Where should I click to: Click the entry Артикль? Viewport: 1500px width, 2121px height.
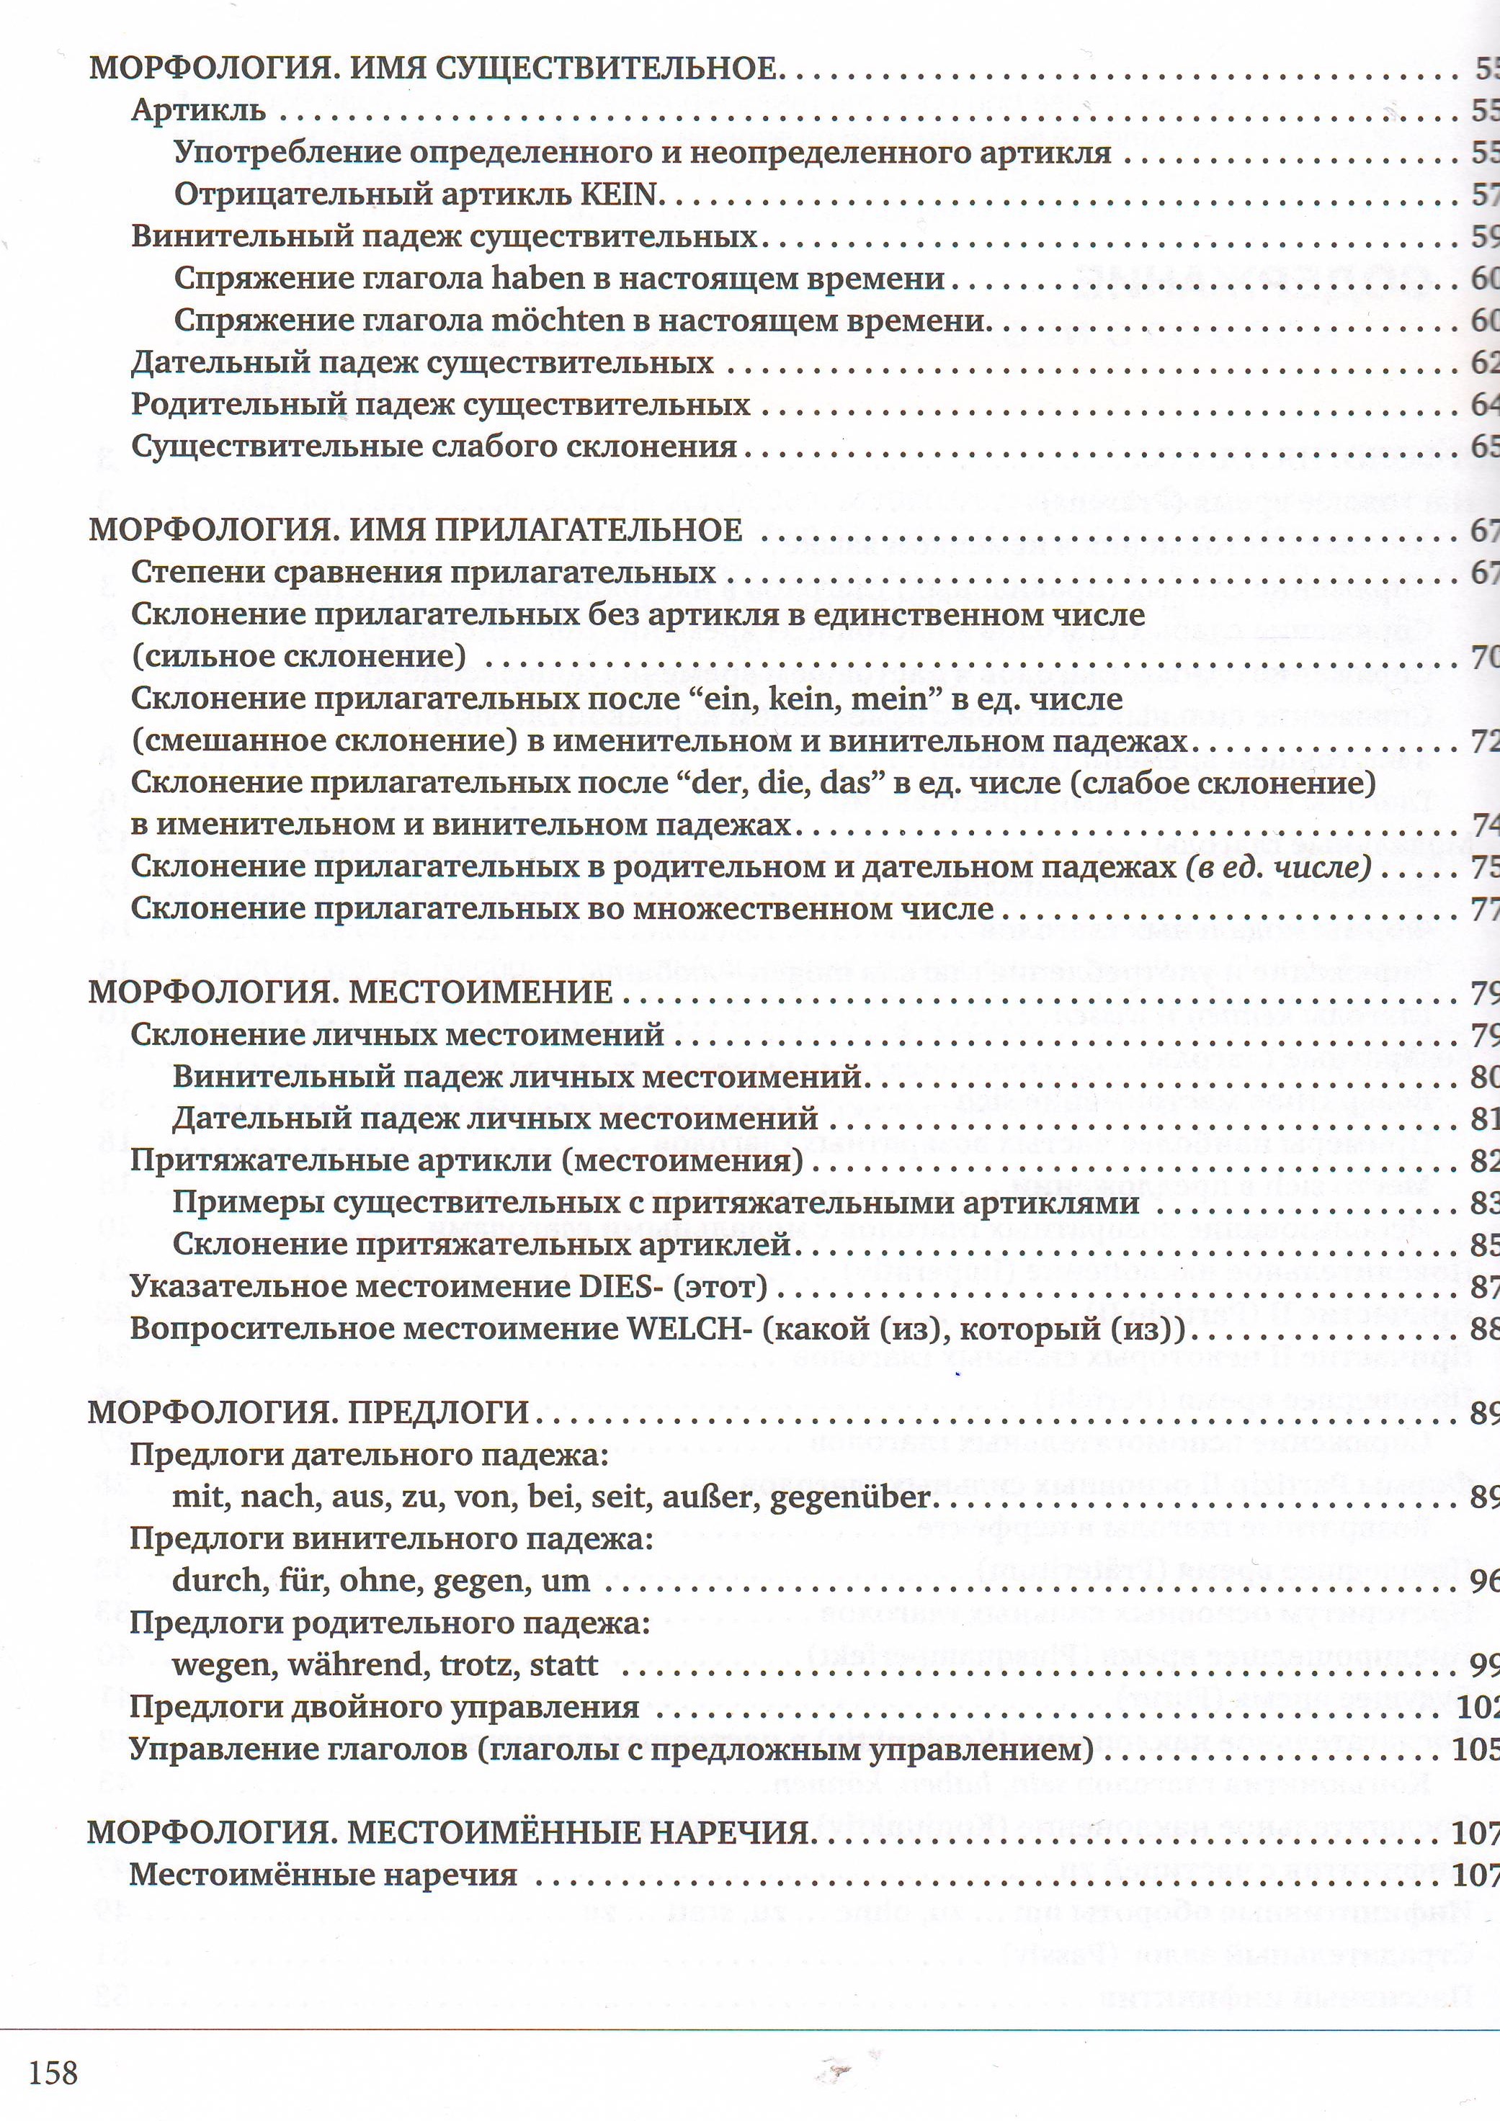[x=198, y=110]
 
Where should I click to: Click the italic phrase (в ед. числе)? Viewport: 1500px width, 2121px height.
[x=1277, y=866]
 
